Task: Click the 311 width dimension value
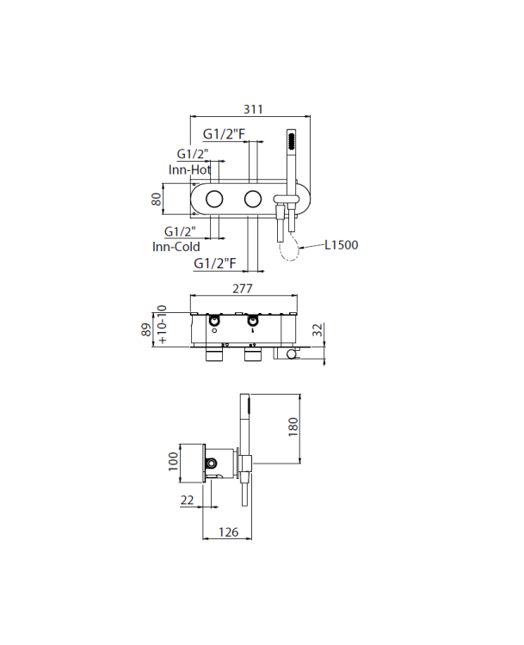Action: point(253,109)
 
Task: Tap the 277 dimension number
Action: point(243,288)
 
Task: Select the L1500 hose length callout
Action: point(342,245)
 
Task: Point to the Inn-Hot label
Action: point(189,169)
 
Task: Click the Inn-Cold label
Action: point(176,247)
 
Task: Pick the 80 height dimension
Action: point(157,200)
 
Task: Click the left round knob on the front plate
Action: point(214,200)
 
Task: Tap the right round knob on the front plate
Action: point(253,200)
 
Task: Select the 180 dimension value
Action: point(293,427)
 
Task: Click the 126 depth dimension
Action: point(229,531)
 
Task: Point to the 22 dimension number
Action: point(187,500)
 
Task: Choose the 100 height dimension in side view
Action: point(173,461)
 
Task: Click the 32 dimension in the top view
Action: point(317,330)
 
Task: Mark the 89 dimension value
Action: point(146,330)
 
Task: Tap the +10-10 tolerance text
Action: point(162,324)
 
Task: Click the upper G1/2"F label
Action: point(224,133)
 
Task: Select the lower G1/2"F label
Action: point(215,263)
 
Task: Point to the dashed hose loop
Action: point(289,248)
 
